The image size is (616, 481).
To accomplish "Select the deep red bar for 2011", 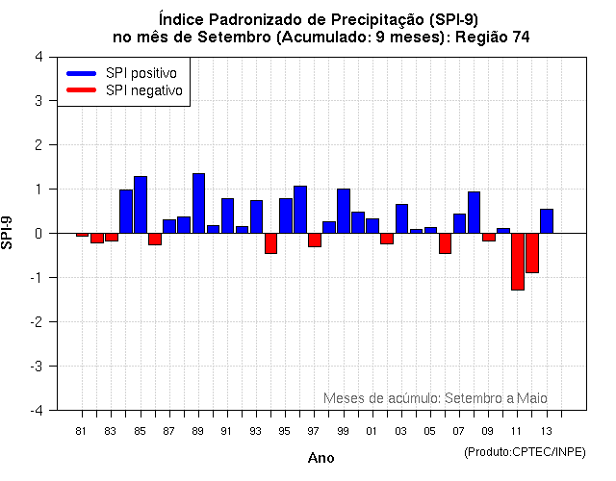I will pyautogui.click(x=518, y=261).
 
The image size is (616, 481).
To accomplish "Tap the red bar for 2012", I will pyautogui.click(x=532, y=253).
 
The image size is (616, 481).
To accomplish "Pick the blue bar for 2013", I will pyautogui.click(x=547, y=221).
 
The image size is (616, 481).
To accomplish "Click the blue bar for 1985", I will pyautogui.click(x=141, y=205).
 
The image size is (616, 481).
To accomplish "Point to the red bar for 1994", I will pyautogui.click(x=270, y=242).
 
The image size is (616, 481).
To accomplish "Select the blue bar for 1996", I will pyautogui.click(x=300, y=210).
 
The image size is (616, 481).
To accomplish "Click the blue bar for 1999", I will pyautogui.click(x=344, y=211).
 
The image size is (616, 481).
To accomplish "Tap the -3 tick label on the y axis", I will pyautogui.click(x=35, y=367).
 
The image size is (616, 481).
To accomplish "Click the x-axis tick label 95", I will pyautogui.click(x=285, y=430).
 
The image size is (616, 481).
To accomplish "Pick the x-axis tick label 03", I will pyautogui.click(x=401, y=430).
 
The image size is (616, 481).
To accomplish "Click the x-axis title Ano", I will pyautogui.click(x=321, y=458).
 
